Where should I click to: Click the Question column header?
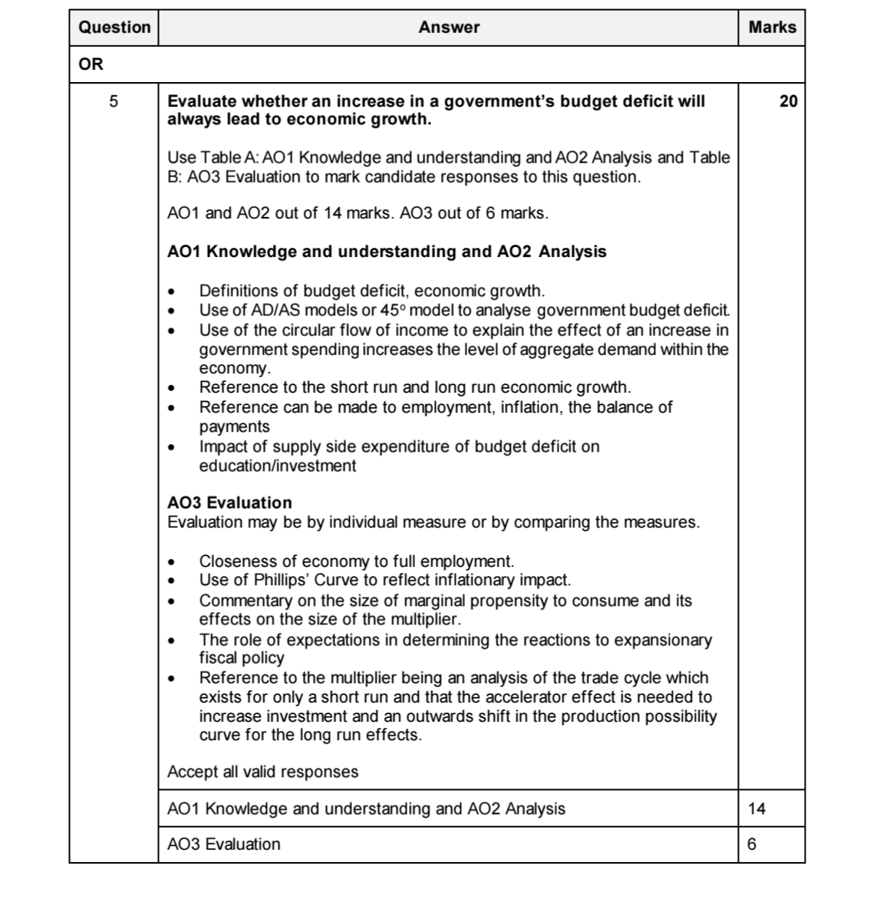point(114,28)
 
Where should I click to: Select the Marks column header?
point(772,28)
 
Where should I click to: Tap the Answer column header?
point(449,28)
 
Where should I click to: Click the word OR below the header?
point(91,64)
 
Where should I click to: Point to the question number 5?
point(114,101)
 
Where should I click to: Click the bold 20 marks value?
point(788,101)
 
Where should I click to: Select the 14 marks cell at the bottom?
point(756,808)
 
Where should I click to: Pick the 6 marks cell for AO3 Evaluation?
point(751,844)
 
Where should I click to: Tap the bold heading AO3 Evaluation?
point(229,503)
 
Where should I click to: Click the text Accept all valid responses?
point(262,772)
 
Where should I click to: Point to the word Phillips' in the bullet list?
point(281,580)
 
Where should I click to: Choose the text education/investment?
point(278,466)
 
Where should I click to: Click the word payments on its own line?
point(234,426)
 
